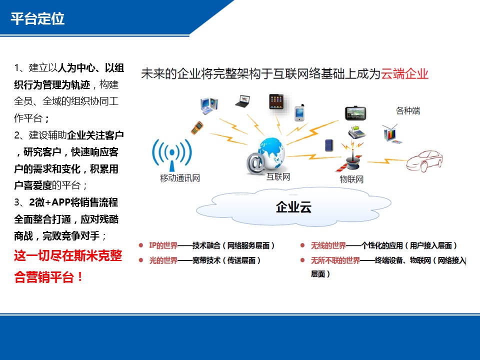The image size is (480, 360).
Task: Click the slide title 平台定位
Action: (x=37, y=18)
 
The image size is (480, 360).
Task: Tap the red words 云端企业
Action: (x=404, y=74)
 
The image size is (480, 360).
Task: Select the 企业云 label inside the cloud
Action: (x=293, y=207)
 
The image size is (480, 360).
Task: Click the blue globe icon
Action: (x=271, y=152)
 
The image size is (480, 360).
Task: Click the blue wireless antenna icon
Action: (x=172, y=154)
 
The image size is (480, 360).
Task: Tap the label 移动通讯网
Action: (x=180, y=178)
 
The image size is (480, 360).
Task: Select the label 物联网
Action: (x=351, y=179)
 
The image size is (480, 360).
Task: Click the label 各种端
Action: (x=408, y=110)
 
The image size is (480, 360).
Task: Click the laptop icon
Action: (x=243, y=101)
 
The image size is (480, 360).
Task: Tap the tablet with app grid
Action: (x=276, y=102)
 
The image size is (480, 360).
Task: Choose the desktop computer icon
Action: (x=209, y=105)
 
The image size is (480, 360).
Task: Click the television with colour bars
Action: (x=392, y=134)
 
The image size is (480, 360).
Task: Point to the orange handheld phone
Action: (x=197, y=127)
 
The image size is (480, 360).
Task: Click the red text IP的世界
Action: (x=163, y=245)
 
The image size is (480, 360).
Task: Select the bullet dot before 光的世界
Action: (x=141, y=260)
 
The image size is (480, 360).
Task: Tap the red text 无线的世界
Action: (x=328, y=245)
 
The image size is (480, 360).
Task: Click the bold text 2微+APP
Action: (x=49, y=202)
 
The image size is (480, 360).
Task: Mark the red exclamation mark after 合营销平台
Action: (x=80, y=277)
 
